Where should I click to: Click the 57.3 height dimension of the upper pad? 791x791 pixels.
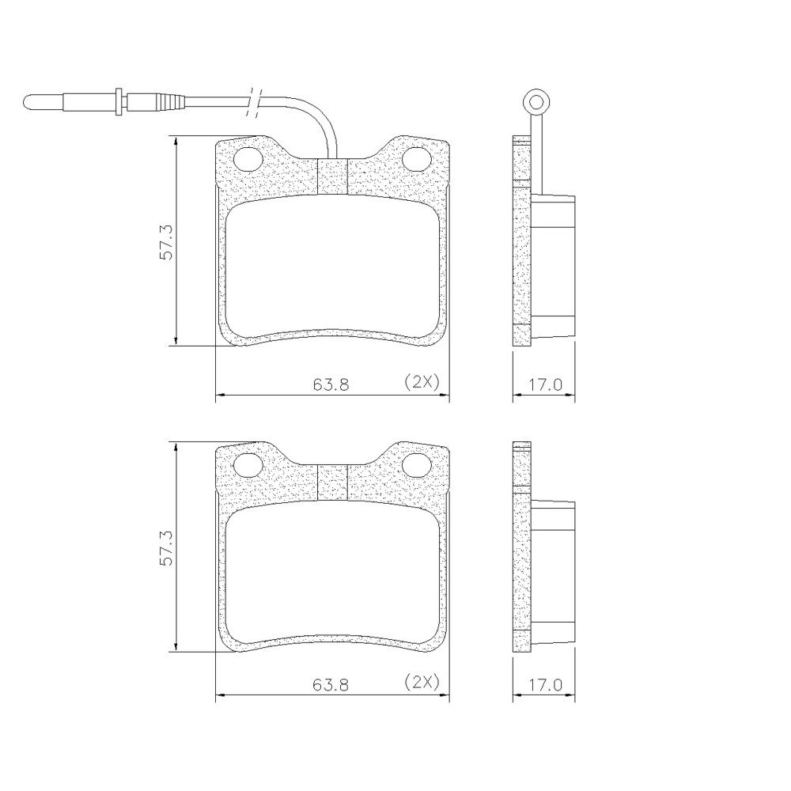[166, 240]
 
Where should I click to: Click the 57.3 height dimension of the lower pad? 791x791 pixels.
[166, 547]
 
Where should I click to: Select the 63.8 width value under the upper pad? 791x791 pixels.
[331, 384]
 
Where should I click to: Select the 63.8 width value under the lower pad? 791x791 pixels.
[331, 685]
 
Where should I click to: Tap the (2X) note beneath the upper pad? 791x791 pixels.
[421, 381]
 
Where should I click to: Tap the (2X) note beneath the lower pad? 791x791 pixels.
[421, 682]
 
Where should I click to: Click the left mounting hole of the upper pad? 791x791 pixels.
[250, 159]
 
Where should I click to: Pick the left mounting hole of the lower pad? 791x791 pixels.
[250, 466]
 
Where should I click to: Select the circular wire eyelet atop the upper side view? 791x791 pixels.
[535, 102]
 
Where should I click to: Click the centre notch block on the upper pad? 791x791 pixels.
[332, 176]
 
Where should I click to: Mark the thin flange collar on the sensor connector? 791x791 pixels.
[119, 100]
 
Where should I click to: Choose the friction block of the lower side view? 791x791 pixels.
[553, 571]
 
